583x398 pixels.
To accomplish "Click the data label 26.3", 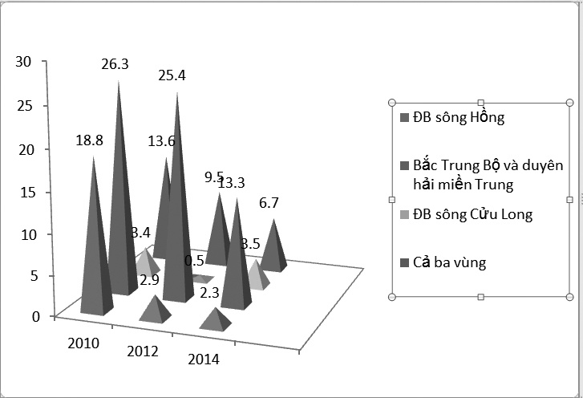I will pos(115,64).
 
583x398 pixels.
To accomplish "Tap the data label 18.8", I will pos(89,140).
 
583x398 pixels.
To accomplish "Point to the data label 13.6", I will pos(162,140).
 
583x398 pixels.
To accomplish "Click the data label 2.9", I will pos(149,280).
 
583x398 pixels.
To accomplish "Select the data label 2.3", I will pos(209,294).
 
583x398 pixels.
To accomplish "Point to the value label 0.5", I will pos(193,260).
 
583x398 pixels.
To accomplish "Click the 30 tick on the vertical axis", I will pos(23,62).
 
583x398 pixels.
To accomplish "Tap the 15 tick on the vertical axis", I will pos(23,192).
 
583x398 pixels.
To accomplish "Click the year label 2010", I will pos(83,343).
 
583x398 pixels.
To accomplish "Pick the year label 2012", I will pos(142,351).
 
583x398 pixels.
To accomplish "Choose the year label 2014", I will pos(204,359).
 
